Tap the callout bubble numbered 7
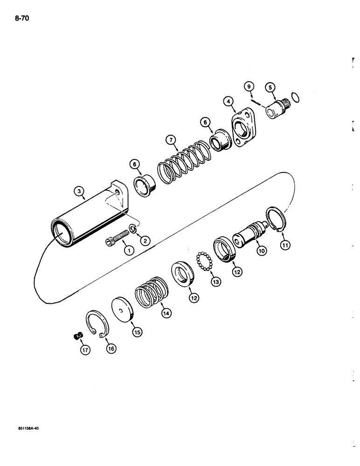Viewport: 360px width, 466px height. coord(170,140)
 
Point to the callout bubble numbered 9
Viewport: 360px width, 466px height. coord(249,86)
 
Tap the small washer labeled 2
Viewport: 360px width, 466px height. coord(133,228)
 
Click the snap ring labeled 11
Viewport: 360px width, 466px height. coord(273,219)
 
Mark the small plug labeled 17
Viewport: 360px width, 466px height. coord(78,336)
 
